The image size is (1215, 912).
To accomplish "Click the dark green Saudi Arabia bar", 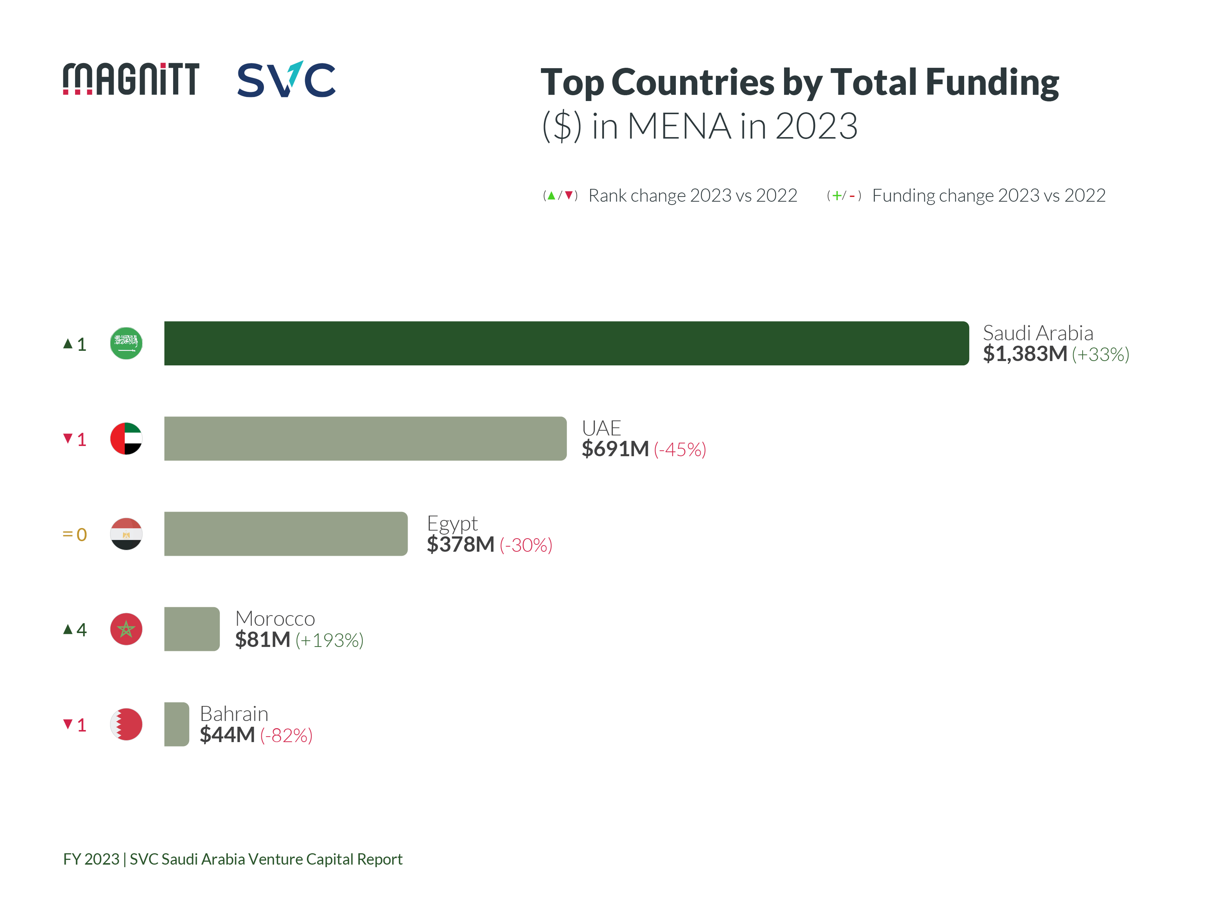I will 566,343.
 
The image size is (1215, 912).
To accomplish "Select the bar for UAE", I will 365,438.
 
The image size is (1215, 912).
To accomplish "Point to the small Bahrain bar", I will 176,724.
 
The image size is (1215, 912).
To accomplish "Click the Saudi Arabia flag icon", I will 126,343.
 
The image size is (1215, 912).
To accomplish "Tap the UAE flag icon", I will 126,438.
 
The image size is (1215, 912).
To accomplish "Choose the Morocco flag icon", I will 126,629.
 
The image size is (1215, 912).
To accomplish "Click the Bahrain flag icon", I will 126,724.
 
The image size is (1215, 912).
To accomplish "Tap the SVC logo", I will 286,80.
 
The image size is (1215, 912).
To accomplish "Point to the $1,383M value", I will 1025,354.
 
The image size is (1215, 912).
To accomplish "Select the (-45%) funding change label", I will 680,450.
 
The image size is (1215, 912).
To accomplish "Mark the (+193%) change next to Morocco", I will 330,640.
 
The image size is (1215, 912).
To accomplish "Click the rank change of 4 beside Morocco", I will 75,630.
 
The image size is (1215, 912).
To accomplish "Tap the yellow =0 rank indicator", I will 75,535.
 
